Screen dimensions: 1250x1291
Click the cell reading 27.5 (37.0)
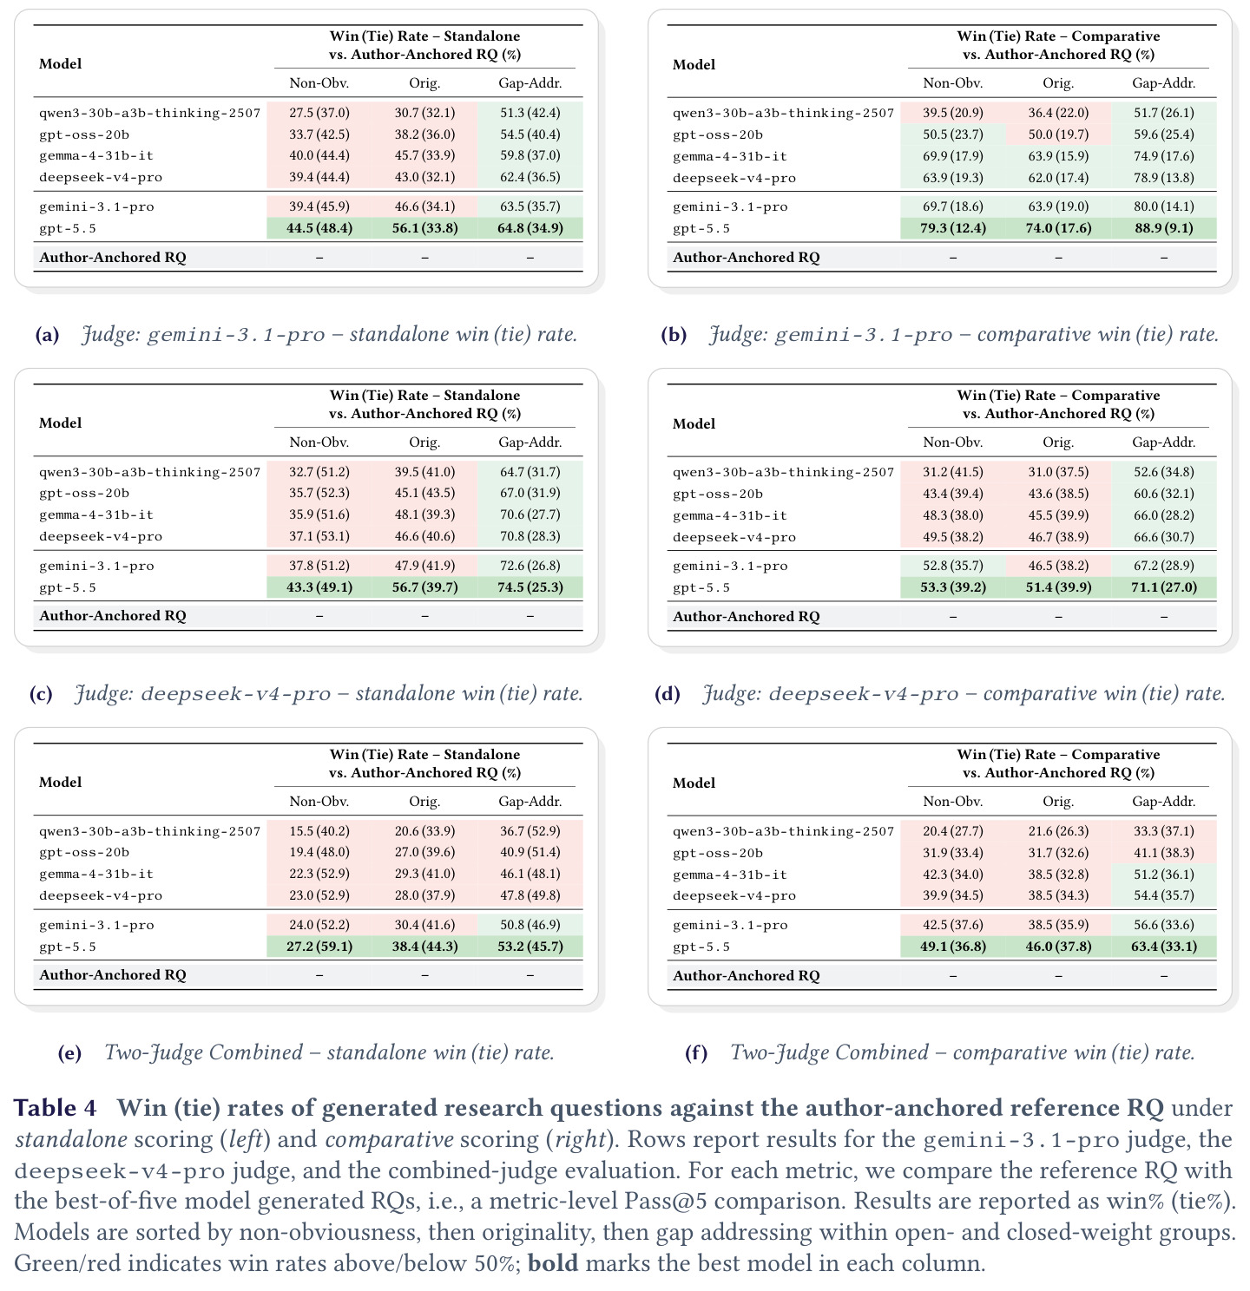point(319,113)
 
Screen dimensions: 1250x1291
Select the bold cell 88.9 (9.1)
point(1163,228)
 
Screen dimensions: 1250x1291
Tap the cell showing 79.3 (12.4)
point(952,228)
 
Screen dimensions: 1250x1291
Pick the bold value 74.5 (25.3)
point(530,587)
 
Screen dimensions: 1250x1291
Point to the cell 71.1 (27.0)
point(1165,587)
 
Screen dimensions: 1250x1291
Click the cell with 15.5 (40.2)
point(319,830)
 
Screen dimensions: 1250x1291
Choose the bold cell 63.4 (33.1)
point(1164,946)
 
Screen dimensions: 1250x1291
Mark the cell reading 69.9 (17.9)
point(952,156)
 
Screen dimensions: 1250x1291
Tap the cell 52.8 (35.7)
point(952,565)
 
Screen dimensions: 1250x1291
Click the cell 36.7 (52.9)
point(530,830)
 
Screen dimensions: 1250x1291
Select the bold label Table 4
point(55,1108)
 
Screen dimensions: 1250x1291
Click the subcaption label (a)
point(47,334)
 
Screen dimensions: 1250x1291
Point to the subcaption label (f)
point(695,1052)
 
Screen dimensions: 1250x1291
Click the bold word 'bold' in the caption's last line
point(553,1262)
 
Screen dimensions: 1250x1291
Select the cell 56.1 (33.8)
point(424,228)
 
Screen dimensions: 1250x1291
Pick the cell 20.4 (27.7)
point(952,830)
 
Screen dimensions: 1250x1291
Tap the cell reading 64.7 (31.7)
point(530,472)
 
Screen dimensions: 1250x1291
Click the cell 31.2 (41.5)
point(952,472)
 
